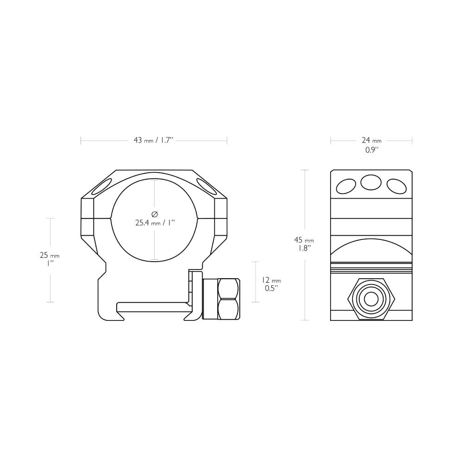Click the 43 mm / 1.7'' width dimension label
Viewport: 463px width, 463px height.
[x=153, y=140]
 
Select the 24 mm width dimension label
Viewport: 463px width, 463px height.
[x=371, y=140]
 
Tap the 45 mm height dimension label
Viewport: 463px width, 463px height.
[x=304, y=240]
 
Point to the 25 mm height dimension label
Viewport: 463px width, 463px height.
[x=50, y=256]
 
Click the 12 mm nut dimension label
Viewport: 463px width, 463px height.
[x=271, y=281]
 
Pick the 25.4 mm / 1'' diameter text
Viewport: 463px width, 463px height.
[x=155, y=223]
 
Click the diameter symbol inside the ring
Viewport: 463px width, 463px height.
[x=155, y=213]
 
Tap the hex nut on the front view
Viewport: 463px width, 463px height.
[x=228, y=299]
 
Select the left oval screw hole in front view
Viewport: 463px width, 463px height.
[x=100, y=187]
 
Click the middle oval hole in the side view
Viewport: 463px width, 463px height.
[x=371, y=183]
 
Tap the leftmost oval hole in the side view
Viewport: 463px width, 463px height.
[x=346, y=187]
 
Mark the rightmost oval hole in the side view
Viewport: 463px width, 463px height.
[x=396, y=187]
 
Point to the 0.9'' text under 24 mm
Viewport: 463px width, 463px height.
[x=371, y=150]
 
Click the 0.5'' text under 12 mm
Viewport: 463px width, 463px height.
[x=271, y=288]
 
